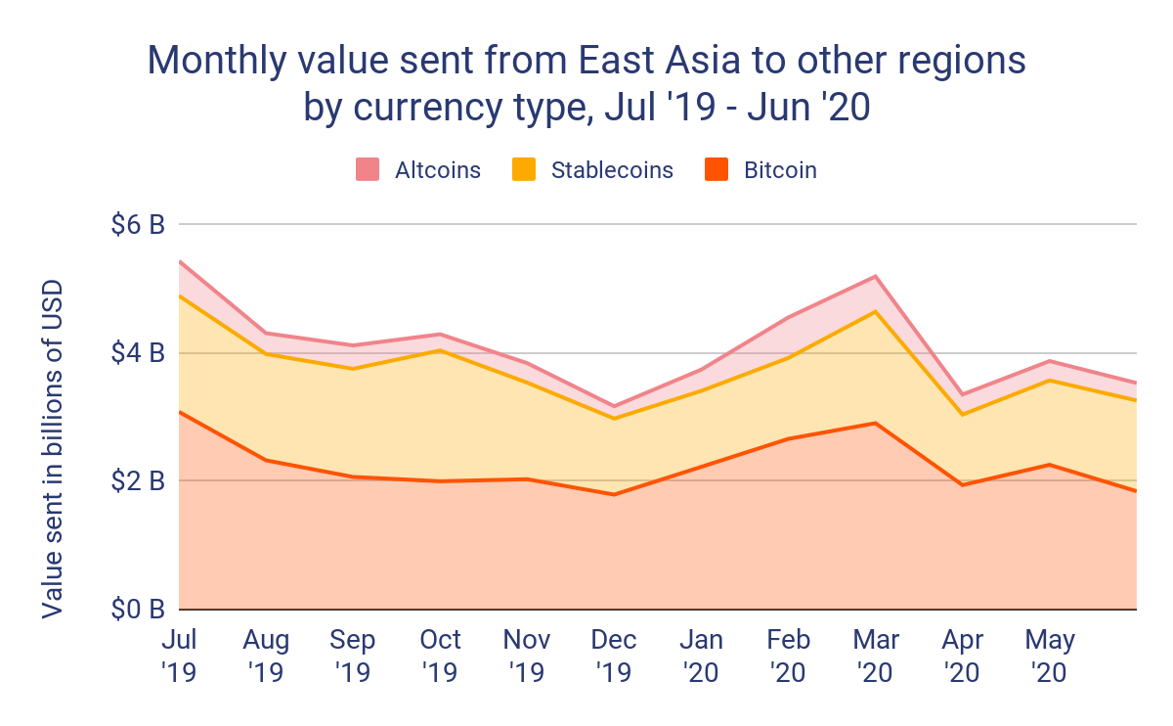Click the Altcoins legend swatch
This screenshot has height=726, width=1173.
point(367,170)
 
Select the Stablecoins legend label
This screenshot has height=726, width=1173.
point(612,170)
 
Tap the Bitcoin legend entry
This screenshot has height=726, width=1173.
point(780,170)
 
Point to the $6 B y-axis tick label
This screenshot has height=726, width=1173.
point(137,225)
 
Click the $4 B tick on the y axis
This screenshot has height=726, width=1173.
point(137,353)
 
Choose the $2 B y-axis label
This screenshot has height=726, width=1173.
point(137,481)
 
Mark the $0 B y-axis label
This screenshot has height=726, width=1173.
point(137,610)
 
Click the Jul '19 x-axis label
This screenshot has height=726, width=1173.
point(179,656)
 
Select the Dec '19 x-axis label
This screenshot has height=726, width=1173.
point(614,656)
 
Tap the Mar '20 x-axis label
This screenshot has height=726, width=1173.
point(877,656)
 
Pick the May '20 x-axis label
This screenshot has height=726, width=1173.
point(1050,656)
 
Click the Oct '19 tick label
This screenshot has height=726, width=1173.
point(441,656)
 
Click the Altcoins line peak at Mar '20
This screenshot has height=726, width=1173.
point(877,276)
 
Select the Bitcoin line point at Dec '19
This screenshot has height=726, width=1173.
point(615,494)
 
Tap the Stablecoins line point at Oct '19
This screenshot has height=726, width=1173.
point(441,350)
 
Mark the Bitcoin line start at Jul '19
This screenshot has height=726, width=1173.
point(180,412)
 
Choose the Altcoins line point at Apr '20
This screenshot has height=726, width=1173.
point(964,394)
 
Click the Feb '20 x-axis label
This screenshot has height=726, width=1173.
point(789,656)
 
